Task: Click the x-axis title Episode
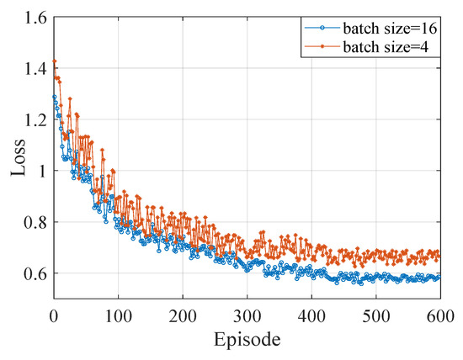click(x=247, y=341)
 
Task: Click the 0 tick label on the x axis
click(x=54, y=315)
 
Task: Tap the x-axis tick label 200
click(x=183, y=315)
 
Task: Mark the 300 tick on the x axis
click(x=247, y=315)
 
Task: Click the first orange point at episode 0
click(x=55, y=61)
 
